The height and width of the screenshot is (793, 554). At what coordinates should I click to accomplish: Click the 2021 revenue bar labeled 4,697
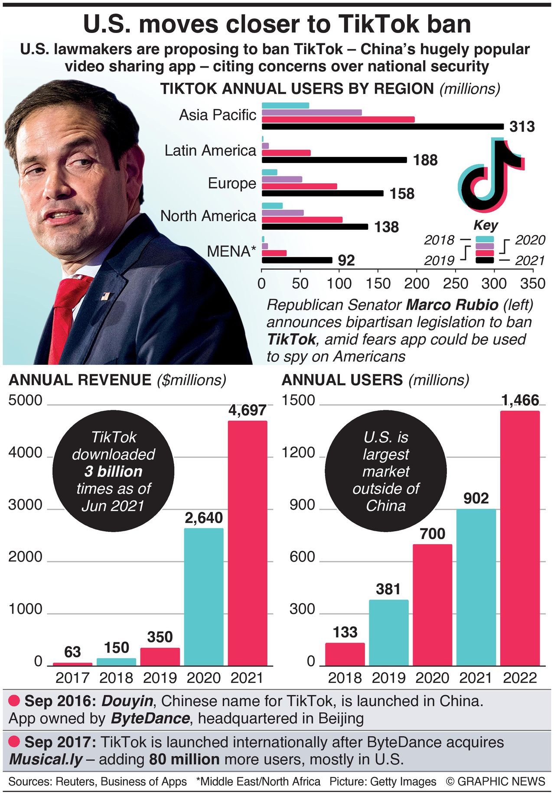(248, 542)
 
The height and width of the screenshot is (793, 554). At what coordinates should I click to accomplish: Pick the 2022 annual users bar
(520, 537)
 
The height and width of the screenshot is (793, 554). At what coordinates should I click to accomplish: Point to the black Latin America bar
(334, 160)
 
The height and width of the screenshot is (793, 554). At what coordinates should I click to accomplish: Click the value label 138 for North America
(387, 227)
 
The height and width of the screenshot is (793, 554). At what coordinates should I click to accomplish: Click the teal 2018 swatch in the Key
(485, 239)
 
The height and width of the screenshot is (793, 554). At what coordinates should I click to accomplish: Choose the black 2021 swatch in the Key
(485, 260)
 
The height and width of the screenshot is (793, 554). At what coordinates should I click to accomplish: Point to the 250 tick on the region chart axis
(456, 283)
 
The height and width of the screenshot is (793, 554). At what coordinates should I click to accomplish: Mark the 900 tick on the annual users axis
(302, 505)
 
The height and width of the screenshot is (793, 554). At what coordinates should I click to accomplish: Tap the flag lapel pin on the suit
(105, 296)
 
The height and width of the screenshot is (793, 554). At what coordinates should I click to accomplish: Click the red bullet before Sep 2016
(14, 701)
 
